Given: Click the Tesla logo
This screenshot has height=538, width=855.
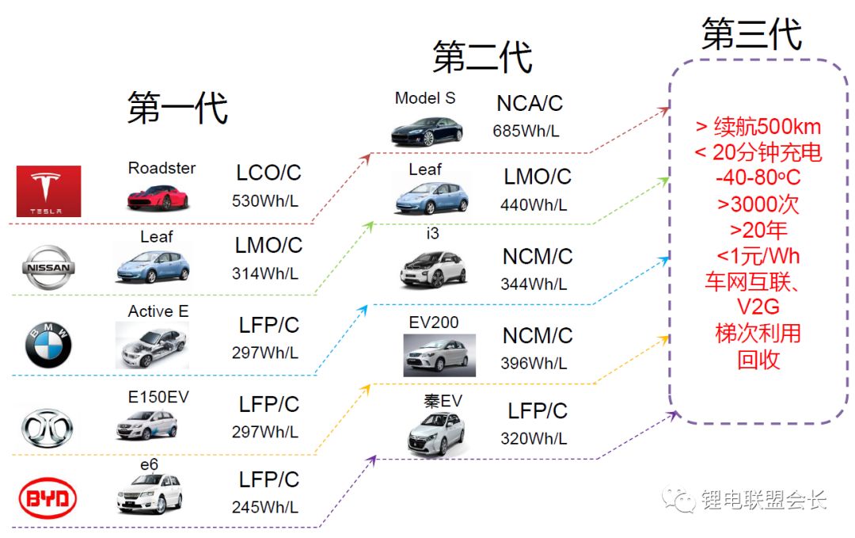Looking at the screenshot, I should pos(48,191).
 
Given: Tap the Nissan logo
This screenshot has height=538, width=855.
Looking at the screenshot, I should pos(50,267).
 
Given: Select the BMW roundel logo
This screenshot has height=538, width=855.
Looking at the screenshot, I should pos(48,345).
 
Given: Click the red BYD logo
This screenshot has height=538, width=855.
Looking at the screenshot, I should pos(47,499).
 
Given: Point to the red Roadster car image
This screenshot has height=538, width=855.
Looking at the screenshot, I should pos(158,195).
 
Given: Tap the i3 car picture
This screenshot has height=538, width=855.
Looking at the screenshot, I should pos(431,267).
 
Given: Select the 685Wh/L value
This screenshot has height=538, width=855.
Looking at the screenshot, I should pos(526,131).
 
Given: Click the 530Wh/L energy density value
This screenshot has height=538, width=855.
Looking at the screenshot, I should pos(265,201).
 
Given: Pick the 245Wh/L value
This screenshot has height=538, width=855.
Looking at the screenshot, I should pos(265,507).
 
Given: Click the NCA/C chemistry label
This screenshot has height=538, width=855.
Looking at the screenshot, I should pos(530,104).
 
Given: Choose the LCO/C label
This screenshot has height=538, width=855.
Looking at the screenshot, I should pos(269,174).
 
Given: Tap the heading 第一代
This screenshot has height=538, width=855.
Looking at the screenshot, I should pos(177,108).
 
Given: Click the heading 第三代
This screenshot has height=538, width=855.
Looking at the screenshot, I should pos(751,35).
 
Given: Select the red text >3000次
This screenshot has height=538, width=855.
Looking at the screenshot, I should pos(758,204).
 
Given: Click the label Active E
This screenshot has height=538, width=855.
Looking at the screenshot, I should pos(158,311).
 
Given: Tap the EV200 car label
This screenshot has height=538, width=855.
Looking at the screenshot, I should pos(434,322).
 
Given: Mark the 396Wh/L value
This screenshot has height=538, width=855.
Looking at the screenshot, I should pos(534,364).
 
